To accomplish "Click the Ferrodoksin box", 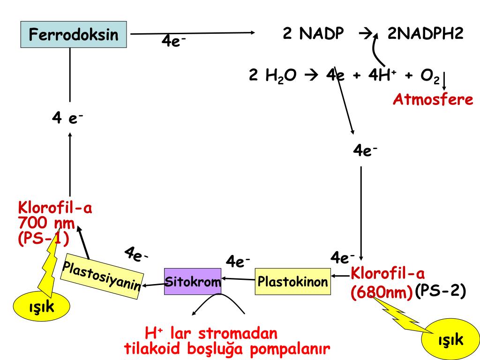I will pyautogui.click(x=74, y=34).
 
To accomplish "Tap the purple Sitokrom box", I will pyautogui.click(x=193, y=281).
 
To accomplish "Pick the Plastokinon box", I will pyautogui.click(x=292, y=281).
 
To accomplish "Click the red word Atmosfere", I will pyautogui.click(x=433, y=100).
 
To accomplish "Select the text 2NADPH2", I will pyautogui.click(x=425, y=34).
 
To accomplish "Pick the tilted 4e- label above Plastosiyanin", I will pyautogui.click(x=136, y=255).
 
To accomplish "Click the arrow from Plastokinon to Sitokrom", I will pyautogui.click(x=238, y=280).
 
